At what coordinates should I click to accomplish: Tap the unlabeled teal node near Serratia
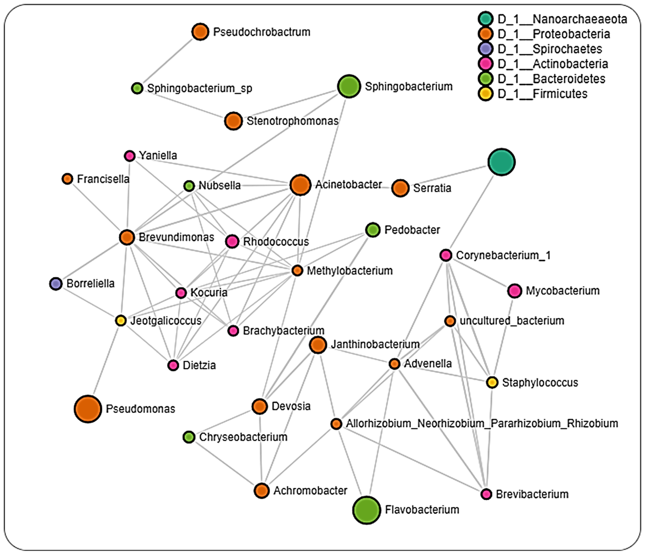[x=501, y=162]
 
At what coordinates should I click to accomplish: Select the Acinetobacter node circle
[x=300, y=185]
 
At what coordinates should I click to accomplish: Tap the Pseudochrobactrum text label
[x=261, y=32]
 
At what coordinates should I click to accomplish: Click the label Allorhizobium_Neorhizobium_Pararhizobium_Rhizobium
[x=482, y=424]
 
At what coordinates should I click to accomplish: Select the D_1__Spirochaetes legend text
[x=549, y=49]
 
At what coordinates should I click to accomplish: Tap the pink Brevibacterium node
[x=486, y=494]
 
